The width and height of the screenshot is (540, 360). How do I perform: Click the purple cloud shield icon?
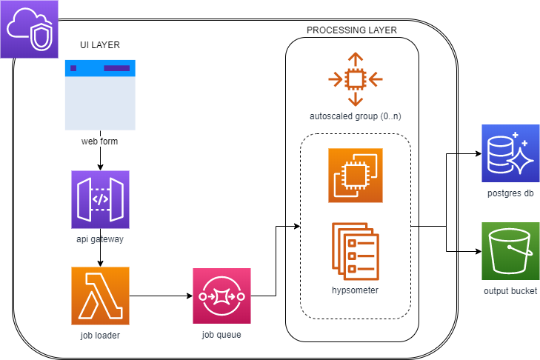[x=29, y=29]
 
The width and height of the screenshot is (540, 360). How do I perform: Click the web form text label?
[x=100, y=141]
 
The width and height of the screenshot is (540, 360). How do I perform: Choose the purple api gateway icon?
[x=100, y=199]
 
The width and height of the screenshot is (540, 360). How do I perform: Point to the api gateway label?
[x=100, y=239]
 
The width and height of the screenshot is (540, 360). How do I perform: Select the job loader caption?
[x=100, y=336]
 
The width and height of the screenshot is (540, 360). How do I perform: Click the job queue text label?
[x=221, y=335]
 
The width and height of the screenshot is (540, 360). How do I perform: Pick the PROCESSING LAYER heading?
[x=351, y=30]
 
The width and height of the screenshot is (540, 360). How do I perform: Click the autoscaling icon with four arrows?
[x=356, y=79]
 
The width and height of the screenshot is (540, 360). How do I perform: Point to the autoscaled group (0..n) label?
[x=356, y=117]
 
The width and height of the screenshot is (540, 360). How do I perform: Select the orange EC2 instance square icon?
[x=356, y=176]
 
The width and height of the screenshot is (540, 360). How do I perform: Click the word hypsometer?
[x=356, y=290]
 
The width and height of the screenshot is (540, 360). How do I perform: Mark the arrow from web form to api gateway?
[x=100, y=158]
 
